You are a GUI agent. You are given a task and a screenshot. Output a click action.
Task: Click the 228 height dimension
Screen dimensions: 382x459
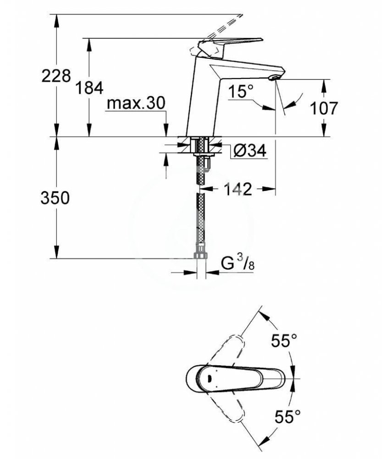pos(56,76)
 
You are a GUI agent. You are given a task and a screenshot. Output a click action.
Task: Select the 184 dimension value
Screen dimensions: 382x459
pos(89,88)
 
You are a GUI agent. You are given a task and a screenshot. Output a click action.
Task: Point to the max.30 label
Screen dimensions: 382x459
pos(136,103)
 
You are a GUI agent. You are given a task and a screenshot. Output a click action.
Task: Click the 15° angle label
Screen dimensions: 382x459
pos(240,91)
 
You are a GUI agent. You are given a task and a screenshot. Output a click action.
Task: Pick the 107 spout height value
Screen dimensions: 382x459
pos(323,108)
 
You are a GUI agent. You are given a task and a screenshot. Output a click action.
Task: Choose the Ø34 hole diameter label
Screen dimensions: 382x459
pos(250,151)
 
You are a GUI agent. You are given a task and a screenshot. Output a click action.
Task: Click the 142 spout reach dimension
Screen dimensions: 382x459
pos(238,189)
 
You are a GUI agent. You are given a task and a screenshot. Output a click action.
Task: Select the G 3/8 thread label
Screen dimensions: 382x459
pos(238,264)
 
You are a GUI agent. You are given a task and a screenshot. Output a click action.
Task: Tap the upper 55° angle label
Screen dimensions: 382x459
pos(284,341)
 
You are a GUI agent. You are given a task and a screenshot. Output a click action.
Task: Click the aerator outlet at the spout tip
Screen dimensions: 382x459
pos(274,78)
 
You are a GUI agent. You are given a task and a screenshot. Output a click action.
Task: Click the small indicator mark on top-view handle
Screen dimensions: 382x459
pos(209,378)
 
